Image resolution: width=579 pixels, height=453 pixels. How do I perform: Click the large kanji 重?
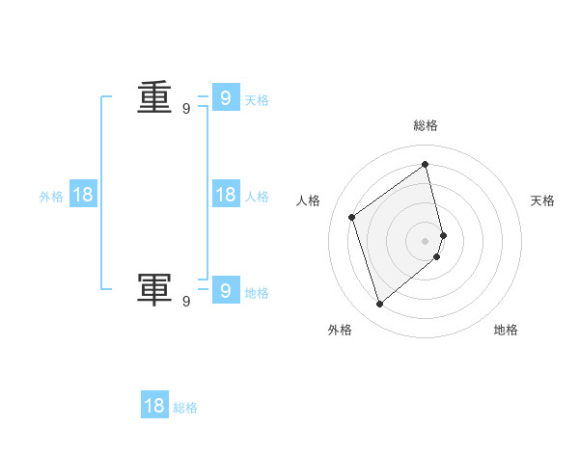154,98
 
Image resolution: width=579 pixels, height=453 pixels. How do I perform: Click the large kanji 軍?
154,289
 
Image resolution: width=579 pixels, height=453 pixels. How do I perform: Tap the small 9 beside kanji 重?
186,110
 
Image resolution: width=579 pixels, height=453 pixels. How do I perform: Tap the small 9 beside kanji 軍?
186,302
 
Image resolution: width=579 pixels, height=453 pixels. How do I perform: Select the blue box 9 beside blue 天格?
225,98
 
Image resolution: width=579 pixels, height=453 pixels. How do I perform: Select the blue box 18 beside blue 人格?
225,195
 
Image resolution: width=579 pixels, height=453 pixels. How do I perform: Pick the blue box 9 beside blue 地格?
225,291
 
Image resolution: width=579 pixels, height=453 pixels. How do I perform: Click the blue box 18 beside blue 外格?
83,195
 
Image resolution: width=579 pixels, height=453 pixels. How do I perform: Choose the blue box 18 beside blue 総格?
154,406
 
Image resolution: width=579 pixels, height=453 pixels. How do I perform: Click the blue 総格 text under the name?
185,408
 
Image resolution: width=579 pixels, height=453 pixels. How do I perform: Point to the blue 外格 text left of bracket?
51,197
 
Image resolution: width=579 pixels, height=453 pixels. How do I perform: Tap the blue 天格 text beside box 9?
257,100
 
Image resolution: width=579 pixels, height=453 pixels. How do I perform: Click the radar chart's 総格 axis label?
426,125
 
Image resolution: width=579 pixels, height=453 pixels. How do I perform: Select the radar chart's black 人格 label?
309,200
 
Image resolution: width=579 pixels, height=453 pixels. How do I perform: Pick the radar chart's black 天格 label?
543,200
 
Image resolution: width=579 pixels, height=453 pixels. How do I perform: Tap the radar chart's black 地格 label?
507,330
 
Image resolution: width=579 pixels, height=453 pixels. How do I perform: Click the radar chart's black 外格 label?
340,330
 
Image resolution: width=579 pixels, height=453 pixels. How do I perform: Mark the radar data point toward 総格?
426,164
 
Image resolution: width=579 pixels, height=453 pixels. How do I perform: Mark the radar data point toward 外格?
379,305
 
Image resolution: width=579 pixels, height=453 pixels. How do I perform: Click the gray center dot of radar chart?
426,240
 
